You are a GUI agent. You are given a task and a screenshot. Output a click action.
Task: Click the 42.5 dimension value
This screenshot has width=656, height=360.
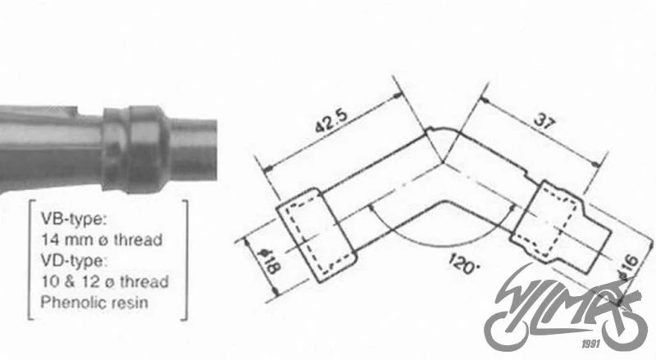coord(331,121)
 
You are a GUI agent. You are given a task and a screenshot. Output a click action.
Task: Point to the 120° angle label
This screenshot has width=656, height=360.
coord(463,263)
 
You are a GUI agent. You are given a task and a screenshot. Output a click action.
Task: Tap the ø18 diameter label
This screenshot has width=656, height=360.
coord(271,261)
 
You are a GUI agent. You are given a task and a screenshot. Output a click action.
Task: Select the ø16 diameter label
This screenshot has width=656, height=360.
coord(628,267)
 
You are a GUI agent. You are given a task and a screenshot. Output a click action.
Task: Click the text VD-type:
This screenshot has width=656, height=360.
coord(74,260)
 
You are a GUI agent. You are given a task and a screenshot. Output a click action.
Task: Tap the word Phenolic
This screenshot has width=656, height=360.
coord(70,302)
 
